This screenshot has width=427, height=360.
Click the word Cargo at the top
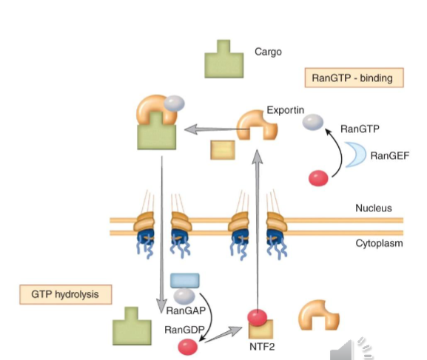268,52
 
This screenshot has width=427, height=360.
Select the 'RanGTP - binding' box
354,78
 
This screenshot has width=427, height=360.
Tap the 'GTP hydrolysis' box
65,294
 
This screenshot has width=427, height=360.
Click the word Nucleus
373,208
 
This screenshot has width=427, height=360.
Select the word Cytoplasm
378,242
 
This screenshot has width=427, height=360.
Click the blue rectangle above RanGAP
184,280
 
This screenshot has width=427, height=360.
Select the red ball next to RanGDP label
187,345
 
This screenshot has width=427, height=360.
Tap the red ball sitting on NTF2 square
257,317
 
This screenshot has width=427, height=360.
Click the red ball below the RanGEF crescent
318,178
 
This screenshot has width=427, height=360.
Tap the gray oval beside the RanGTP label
314,124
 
